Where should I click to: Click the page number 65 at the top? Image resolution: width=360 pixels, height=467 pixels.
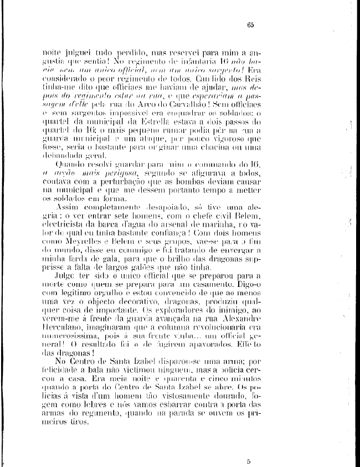pyautogui.click(x=250, y=24)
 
